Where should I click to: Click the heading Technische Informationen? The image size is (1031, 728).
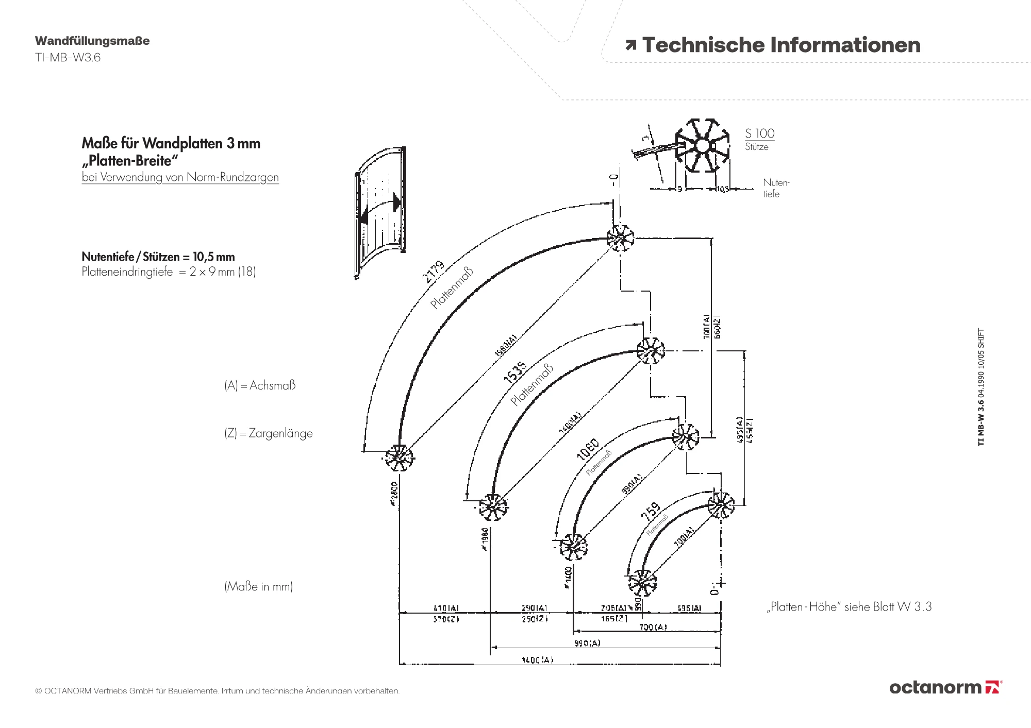tap(780, 45)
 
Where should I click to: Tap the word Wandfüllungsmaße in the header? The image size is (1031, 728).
tap(92, 41)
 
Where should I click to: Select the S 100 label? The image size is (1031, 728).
tap(759, 133)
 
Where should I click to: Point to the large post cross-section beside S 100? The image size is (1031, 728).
tap(702, 146)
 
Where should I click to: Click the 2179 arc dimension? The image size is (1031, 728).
tap(433, 272)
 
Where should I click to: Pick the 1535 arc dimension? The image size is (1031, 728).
tap(515, 371)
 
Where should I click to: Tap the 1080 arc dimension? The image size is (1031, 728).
tap(588, 449)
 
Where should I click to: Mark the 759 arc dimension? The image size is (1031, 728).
tap(651, 511)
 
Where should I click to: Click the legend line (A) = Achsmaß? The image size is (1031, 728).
tap(260, 385)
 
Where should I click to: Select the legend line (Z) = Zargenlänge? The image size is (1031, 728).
tap(268, 433)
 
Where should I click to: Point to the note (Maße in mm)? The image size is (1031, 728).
tap(258, 586)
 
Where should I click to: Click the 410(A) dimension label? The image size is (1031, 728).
tap(446, 608)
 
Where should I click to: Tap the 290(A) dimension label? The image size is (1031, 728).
tap(534, 608)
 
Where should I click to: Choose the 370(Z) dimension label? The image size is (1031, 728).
tap(446, 619)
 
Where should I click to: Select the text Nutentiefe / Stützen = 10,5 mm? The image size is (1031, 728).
tap(158, 257)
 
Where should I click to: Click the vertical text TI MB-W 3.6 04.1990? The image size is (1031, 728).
tap(981, 386)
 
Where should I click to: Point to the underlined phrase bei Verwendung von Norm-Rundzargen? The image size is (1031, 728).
tap(180, 177)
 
